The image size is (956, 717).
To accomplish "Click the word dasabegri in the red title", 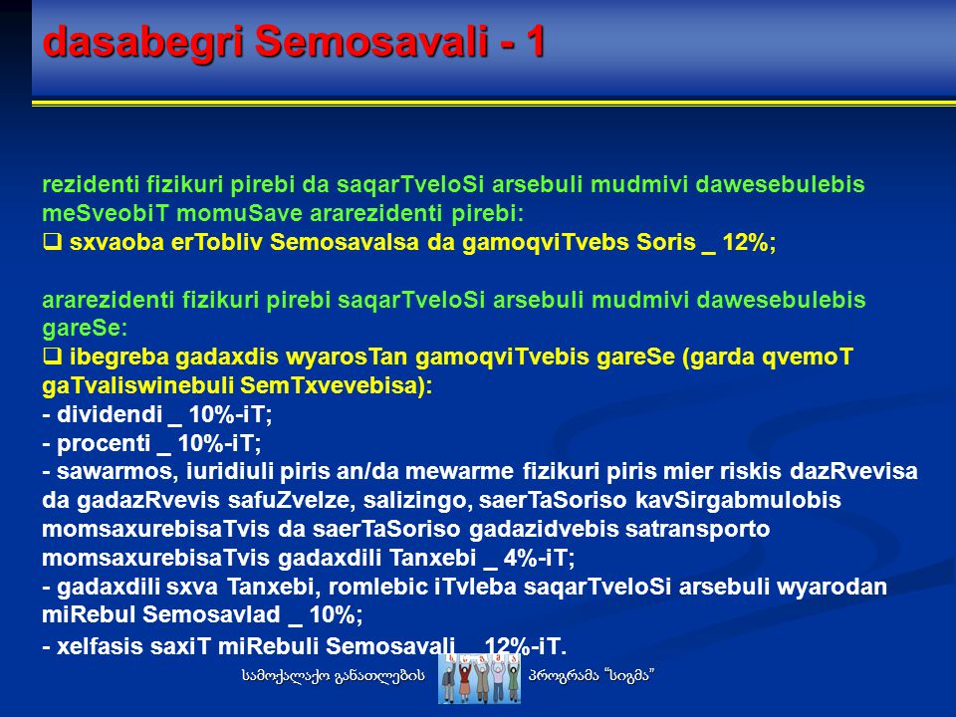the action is tap(143, 42).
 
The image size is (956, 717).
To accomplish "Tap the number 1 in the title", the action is tap(536, 42).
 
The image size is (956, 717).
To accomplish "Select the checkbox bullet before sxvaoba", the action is tap(53, 243).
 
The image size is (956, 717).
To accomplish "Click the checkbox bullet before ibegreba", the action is tap(53, 357).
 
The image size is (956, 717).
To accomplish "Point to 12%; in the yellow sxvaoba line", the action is tap(749, 243).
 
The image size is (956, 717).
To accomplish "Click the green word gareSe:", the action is tap(85, 328).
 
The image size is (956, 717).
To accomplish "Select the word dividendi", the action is tap(110, 414).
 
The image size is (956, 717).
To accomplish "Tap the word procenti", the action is tap(104, 443).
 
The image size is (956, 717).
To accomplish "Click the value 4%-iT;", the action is tap(539, 558).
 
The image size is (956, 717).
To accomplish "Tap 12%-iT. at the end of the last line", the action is tap(526, 646).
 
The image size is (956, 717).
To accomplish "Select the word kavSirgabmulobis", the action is tap(738, 501).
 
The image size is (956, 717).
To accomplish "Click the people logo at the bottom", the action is tap(479, 678).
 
